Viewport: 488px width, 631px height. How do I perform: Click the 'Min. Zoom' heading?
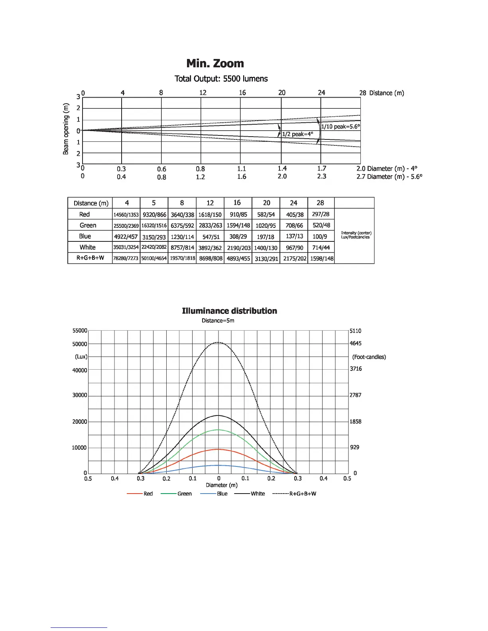coord(215,64)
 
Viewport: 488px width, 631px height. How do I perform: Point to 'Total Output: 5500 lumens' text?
coord(221,79)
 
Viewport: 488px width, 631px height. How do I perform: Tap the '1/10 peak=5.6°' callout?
coord(340,127)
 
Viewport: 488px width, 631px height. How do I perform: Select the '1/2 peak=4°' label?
coord(297,134)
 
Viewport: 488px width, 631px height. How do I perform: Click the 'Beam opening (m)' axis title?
coord(66,129)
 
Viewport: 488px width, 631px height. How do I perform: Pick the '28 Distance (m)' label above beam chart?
coord(382,93)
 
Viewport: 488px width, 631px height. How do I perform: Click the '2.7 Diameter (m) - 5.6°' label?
coord(389,176)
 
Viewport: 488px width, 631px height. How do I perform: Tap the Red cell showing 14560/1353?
coord(126,215)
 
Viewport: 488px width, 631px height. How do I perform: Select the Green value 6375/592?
coord(182,225)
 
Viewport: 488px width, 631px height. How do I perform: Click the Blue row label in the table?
coord(85,236)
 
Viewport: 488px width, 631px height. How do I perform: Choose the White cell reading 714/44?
coord(321,247)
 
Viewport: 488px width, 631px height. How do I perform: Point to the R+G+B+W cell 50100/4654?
coord(154,258)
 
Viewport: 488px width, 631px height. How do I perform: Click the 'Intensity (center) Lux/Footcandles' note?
coord(356,235)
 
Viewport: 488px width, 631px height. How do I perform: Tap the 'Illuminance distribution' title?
coord(229,311)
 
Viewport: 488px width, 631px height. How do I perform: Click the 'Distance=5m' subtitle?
coord(218,321)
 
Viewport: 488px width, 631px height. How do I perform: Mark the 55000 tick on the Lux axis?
coord(80,331)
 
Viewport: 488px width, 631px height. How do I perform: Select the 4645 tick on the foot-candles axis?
coord(356,343)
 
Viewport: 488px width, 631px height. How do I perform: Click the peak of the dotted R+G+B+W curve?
coord(218,343)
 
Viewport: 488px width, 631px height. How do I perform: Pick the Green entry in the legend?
coord(184,494)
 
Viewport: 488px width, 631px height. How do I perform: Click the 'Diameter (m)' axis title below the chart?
coord(222,485)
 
